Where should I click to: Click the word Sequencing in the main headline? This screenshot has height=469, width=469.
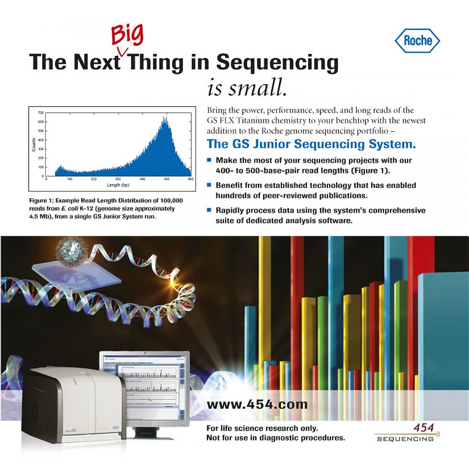(x=277, y=62)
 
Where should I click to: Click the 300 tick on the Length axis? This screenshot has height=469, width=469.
(x=118, y=179)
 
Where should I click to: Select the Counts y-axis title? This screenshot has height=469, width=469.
(x=34, y=144)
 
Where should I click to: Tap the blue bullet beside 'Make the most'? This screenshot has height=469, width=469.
(x=209, y=160)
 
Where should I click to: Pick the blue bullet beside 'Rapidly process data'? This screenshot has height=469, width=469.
(x=209, y=210)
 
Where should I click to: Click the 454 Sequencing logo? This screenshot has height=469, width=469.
(x=405, y=433)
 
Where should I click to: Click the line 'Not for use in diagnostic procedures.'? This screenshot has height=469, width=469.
(x=276, y=438)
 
